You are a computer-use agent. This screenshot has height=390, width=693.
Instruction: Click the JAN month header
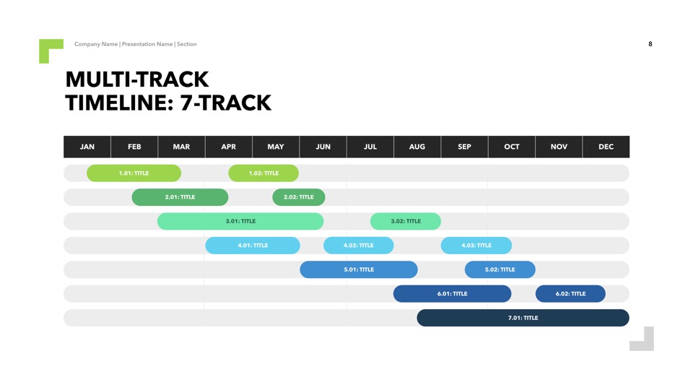click(x=87, y=147)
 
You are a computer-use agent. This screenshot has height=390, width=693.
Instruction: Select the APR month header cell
click(x=229, y=147)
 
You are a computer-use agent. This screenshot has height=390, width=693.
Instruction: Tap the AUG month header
click(x=417, y=147)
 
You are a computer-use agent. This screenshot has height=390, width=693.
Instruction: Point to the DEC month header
click(x=606, y=147)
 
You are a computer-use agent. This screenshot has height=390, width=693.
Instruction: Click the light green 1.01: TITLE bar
click(x=134, y=173)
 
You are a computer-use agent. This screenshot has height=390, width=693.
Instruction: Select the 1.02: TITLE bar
click(x=263, y=173)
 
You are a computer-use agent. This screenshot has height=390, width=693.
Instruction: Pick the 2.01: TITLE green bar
click(x=180, y=197)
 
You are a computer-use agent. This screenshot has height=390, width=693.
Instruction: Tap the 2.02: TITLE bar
click(x=299, y=197)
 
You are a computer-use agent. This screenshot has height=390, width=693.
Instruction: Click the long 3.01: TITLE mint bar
click(x=240, y=221)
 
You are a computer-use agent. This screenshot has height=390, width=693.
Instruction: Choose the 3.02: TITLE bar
click(x=406, y=221)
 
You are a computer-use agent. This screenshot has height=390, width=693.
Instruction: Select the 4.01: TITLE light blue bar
click(x=253, y=246)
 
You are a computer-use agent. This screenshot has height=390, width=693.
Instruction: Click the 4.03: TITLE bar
click(x=476, y=246)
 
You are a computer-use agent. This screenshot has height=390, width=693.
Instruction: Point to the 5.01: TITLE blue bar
click(x=359, y=269)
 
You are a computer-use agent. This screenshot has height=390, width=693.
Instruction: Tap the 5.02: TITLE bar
click(x=500, y=269)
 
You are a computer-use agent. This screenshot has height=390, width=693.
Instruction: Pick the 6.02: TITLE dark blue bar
click(x=570, y=294)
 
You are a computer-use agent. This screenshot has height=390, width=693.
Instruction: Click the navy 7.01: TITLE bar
click(x=523, y=318)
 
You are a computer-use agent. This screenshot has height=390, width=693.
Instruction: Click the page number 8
click(x=650, y=44)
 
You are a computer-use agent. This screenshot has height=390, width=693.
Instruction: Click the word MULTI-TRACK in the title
click(x=137, y=79)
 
